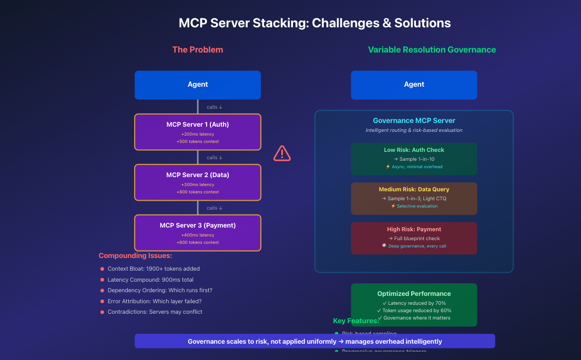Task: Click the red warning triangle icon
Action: [x=282, y=153]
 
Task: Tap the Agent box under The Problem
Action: [x=198, y=85]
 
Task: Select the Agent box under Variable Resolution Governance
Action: [x=414, y=85]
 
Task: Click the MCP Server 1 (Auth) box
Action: [x=198, y=132]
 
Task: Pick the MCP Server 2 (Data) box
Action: [x=198, y=182]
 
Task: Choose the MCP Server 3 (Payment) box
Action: [x=198, y=233]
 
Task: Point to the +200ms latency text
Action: [x=198, y=134]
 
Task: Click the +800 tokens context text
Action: [x=198, y=192]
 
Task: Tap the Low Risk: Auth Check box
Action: [x=414, y=158]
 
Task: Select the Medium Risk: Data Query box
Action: [x=414, y=198]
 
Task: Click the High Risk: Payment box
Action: [x=414, y=238]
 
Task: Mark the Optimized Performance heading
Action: [x=414, y=294]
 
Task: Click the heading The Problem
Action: [x=198, y=50]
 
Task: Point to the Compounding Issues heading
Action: [x=135, y=256]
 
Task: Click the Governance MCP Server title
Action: [x=414, y=120]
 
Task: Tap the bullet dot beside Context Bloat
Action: [x=102, y=269]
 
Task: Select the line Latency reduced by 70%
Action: [x=414, y=303]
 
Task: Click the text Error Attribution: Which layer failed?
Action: [x=155, y=301]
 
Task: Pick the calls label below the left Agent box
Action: [x=215, y=107]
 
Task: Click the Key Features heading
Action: [x=356, y=321]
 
